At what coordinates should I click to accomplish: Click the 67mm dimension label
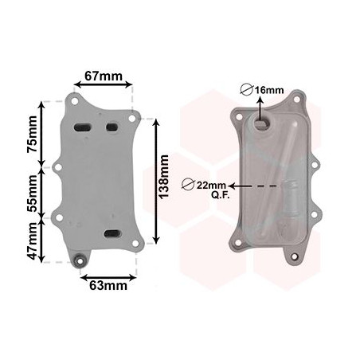coord(104,76)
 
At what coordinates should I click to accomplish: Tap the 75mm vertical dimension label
coord(33,134)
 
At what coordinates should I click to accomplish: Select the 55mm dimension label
coord(33,194)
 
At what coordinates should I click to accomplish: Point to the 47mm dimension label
coord(33,241)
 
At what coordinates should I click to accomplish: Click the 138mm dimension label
coord(163,177)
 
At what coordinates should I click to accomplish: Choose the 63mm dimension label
coord(108,286)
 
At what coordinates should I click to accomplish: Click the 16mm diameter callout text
coord(269,90)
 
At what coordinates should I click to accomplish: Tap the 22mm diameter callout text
coord(211,185)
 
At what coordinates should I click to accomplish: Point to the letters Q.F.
coord(221,195)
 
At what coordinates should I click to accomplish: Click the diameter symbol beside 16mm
coord(246,90)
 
